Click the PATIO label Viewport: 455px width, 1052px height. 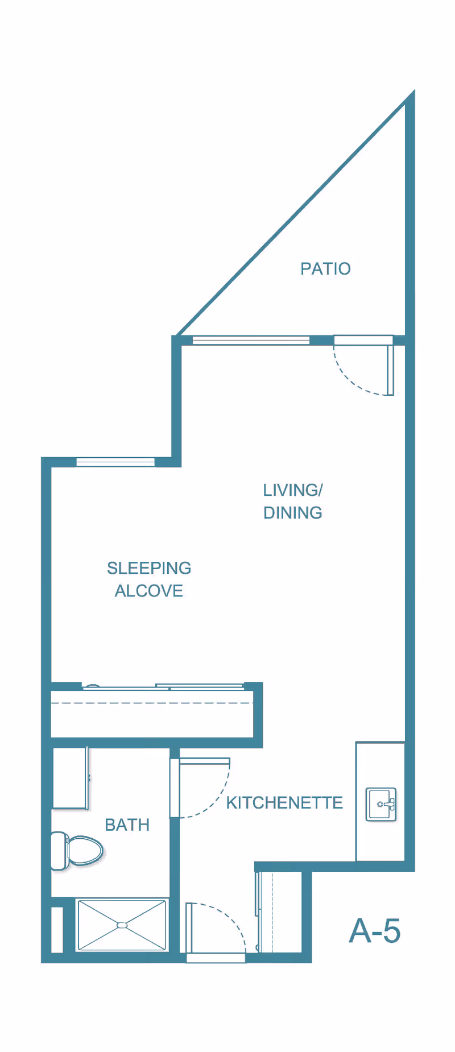[x=325, y=268]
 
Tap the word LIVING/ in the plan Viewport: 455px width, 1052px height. [x=293, y=490]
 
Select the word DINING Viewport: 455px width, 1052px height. [x=293, y=512]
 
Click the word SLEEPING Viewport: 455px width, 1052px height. [x=149, y=568]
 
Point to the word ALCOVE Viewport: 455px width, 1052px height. [x=149, y=591]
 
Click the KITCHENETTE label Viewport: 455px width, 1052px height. [x=284, y=802]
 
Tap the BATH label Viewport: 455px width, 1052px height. [x=127, y=825]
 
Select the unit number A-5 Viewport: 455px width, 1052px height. [x=375, y=931]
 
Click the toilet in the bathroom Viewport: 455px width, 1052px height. [x=77, y=851]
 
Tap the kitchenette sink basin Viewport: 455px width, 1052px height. [x=380, y=804]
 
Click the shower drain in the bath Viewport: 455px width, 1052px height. [x=122, y=925]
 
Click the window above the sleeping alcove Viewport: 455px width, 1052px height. [x=115, y=462]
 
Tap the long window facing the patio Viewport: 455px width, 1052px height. [x=251, y=340]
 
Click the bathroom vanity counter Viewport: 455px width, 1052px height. [x=70, y=778]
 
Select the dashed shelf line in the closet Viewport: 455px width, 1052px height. [x=152, y=703]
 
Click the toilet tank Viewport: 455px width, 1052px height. [x=59, y=851]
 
